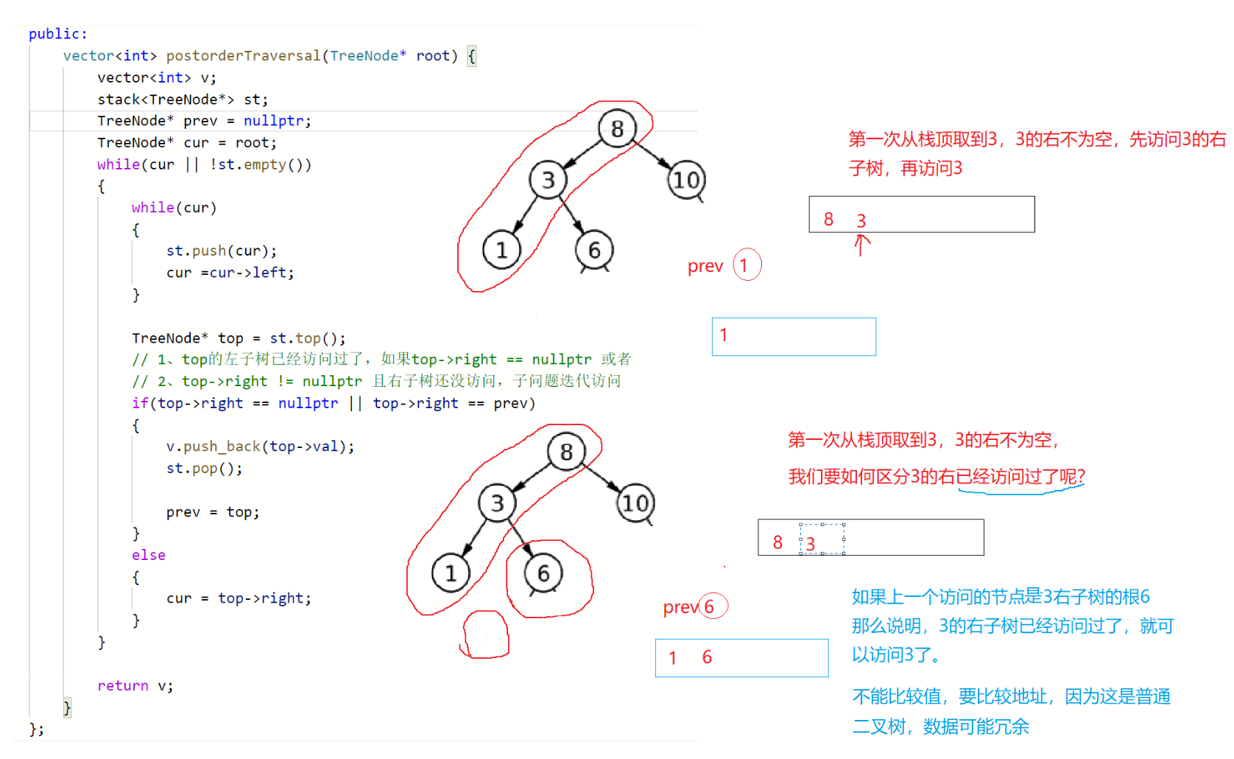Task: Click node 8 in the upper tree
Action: (x=617, y=129)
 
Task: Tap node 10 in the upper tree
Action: (x=686, y=181)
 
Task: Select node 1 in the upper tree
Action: (x=501, y=251)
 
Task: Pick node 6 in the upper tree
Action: (x=594, y=251)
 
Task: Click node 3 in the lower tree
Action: (x=497, y=503)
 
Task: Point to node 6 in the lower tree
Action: (x=543, y=573)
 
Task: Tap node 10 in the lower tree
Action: (x=635, y=503)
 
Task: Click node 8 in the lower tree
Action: (x=566, y=452)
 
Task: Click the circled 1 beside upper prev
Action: (x=746, y=265)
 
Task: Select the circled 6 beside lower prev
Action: (x=711, y=606)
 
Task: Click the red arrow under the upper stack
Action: (x=860, y=245)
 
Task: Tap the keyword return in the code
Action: (x=123, y=686)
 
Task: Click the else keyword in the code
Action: (x=149, y=556)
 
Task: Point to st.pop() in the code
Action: (x=204, y=469)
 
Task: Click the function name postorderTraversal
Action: (x=244, y=56)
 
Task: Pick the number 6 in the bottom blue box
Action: (x=707, y=657)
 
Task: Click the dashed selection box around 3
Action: (x=822, y=539)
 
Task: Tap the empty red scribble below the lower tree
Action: (x=486, y=634)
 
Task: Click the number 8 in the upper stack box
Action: (x=828, y=220)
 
